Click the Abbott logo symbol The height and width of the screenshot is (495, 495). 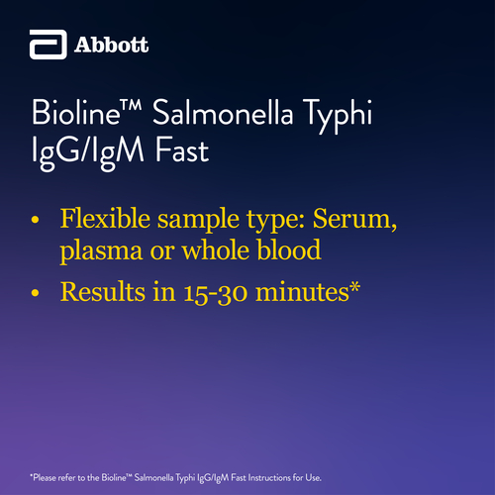point(49,45)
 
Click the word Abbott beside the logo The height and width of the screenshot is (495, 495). point(111,45)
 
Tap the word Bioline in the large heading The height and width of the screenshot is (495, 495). point(76,112)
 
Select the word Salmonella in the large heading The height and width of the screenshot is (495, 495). point(223,112)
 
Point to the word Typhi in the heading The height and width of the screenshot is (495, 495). point(338,116)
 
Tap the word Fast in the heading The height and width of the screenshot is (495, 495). point(182,150)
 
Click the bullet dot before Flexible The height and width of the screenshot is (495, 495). point(35,220)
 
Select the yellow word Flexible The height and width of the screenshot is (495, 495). point(105,218)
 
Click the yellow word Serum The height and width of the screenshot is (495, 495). point(354,219)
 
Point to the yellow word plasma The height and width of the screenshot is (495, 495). point(101,251)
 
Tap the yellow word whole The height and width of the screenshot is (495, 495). point(216,249)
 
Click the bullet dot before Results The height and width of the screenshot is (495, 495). point(35,293)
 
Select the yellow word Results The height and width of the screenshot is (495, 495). point(102,291)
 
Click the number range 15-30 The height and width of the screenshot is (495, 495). point(215,293)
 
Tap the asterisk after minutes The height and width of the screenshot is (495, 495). point(354,286)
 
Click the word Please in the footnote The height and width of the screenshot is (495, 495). point(45,477)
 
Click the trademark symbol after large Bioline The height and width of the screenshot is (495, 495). point(132,105)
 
